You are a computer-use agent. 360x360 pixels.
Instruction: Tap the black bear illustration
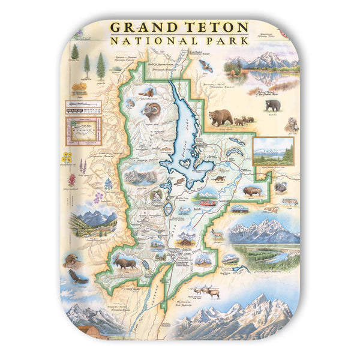pos(273,106)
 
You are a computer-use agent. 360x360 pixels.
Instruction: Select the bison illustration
pos(252,192)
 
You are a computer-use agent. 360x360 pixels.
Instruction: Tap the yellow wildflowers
pos(67,158)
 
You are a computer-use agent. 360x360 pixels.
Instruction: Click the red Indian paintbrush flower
pos(72,179)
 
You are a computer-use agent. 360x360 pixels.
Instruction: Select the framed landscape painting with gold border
pos(274,151)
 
